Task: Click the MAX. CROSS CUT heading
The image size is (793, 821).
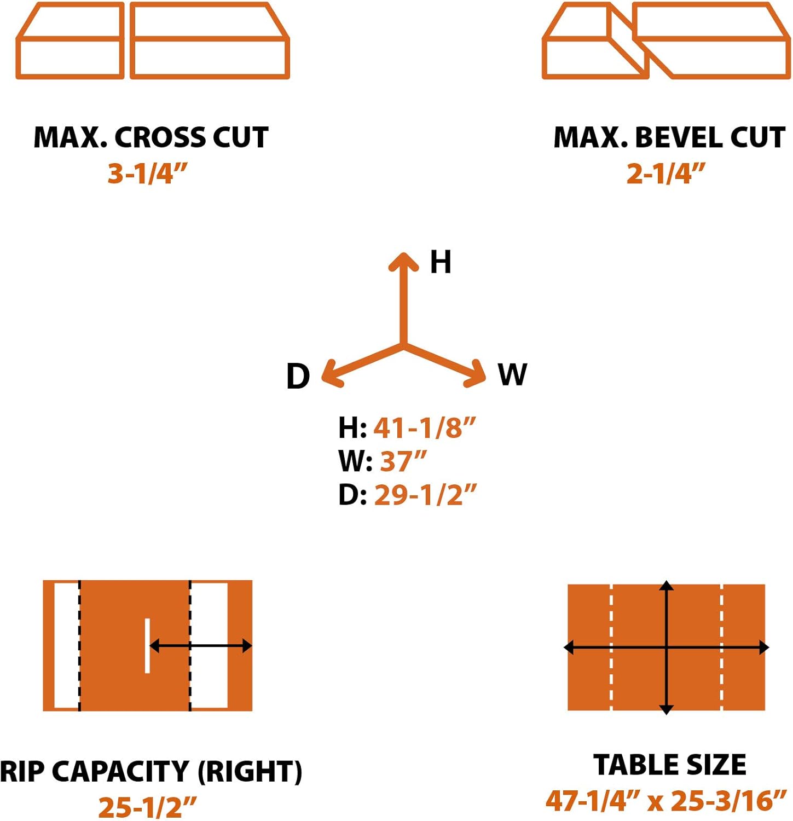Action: coord(151,137)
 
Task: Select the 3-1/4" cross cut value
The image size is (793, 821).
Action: coord(147,174)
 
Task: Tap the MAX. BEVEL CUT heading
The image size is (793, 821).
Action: coord(669,137)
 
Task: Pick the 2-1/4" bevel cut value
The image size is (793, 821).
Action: coord(665,174)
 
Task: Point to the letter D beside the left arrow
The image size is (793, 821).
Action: coord(298,377)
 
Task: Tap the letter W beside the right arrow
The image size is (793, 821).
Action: coord(512,375)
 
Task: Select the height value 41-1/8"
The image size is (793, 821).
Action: coord(425,427)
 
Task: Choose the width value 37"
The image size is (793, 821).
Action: coord(403,461)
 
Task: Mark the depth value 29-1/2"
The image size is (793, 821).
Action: coord(425,495)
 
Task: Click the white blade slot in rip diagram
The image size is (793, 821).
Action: coord(147,645)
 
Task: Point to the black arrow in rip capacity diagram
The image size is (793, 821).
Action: coord(200,646)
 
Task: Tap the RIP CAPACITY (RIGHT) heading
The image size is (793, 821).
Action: coord(151,772)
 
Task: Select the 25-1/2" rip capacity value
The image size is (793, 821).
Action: coord(147,807)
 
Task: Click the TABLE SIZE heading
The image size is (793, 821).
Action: coord(669,765)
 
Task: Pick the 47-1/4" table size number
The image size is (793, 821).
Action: coord(593,801)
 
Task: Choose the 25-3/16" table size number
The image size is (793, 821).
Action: coord(728,801)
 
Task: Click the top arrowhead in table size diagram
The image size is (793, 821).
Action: coord(666,586)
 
